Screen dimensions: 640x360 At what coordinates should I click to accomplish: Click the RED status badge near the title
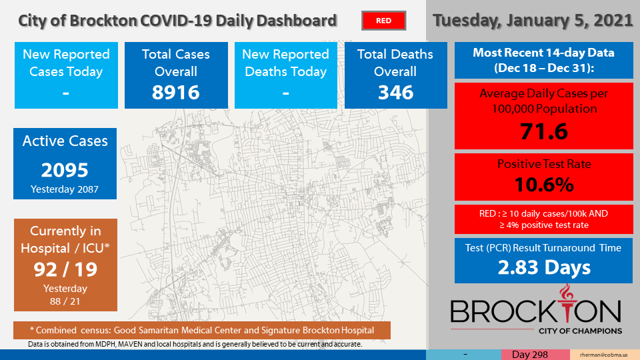384,21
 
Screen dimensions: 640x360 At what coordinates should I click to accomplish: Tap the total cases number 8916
176,92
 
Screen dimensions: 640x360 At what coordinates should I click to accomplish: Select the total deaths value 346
395,92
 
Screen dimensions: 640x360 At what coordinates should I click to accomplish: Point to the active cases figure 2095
65,170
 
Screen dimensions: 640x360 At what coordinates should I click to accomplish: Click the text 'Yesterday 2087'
65,189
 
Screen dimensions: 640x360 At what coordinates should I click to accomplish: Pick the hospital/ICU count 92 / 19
65,269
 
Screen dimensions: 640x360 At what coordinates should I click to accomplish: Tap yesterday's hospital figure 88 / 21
65,301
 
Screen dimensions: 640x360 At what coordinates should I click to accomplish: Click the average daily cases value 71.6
544,131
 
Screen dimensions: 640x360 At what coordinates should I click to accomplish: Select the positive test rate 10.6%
544,185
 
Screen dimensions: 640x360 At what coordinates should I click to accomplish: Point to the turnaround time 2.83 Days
544,267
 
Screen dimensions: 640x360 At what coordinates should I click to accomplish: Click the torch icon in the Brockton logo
566,304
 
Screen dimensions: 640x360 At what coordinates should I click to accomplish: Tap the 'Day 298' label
530,355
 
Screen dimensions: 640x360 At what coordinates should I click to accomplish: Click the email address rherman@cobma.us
604,355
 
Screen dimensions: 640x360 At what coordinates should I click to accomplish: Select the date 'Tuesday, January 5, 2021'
533,21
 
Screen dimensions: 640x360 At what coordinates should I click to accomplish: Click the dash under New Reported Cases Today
66,93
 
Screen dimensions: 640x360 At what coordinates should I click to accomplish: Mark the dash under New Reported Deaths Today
286,93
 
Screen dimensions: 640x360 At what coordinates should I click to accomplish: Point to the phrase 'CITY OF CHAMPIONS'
581,331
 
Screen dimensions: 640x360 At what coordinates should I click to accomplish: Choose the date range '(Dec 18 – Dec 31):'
544,68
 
